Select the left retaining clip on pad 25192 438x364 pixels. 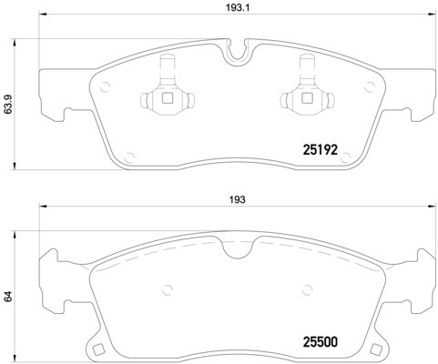(x=166, y=94)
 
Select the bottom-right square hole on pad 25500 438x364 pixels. (x=376, y=348)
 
